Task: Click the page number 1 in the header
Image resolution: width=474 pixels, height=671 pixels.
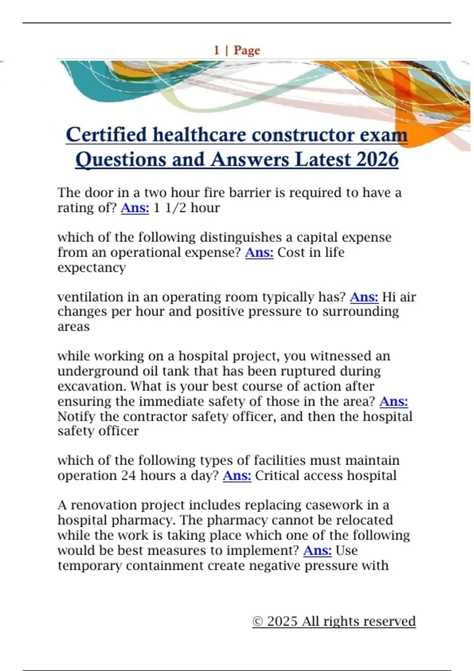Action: click(216, 50)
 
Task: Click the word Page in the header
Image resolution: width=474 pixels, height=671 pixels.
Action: click(247, 51)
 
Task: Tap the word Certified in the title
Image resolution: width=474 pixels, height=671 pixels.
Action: click(106, 135)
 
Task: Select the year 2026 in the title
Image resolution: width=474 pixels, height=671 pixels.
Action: click(377, 159)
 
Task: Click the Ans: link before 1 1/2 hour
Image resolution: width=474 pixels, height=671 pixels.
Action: click(135, 208)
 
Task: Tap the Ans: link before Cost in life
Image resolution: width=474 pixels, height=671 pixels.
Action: click(259, 252)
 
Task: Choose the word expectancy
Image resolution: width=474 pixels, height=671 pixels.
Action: click(92, 268)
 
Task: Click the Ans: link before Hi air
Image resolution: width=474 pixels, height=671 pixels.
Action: click(364, 297)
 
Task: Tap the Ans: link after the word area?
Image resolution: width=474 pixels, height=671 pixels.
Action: click(393, 401)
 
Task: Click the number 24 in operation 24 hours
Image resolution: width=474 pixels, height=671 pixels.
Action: click(128, 476)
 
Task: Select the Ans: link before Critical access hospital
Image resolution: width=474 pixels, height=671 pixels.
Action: click(237, 476)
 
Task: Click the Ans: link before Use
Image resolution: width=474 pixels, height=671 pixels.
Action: click(317, 551)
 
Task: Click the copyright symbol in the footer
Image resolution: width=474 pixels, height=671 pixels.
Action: click(258, 622)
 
